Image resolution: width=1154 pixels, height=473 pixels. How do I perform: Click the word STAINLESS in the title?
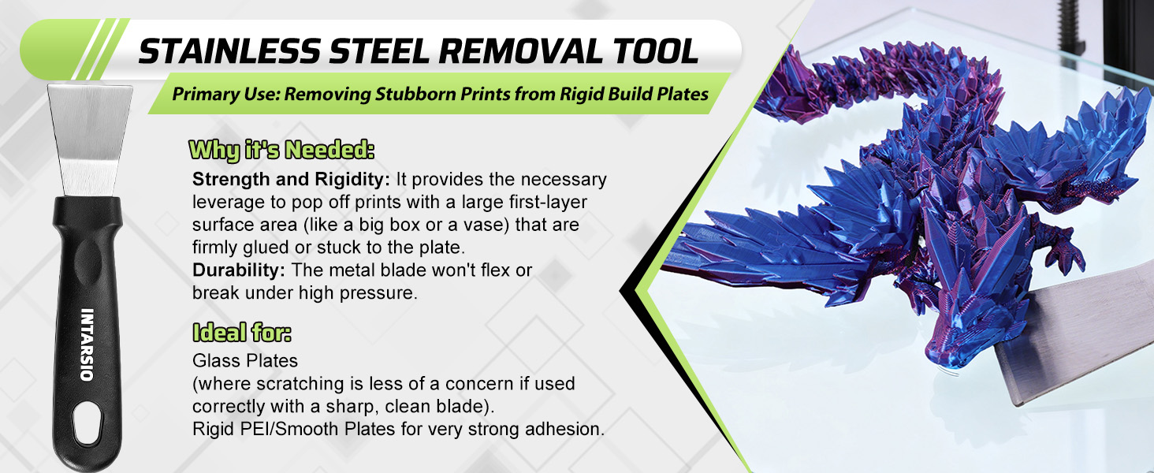(x=229, y=51)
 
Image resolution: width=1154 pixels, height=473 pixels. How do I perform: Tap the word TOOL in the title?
(x=655, y=51)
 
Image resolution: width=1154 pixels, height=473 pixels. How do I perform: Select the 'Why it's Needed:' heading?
(x=281, y=150)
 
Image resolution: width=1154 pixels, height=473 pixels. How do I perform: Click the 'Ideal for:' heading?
(x=242, y=333)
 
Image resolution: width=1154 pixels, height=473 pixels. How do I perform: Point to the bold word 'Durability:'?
(x=239, y=270)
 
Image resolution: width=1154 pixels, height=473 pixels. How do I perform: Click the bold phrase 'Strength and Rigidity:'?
(x=291, y=179)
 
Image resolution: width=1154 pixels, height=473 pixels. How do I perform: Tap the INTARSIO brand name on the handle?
(x=87, y=345)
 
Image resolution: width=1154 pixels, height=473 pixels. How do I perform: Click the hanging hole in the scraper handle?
(x=87, y=423)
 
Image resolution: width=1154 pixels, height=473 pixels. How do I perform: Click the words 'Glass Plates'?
(x=244, y=361)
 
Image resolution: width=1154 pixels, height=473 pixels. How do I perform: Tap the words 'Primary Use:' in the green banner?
(x=225, y=95)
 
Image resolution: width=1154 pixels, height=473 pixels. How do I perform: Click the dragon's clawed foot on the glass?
(x=1067, y=252)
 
